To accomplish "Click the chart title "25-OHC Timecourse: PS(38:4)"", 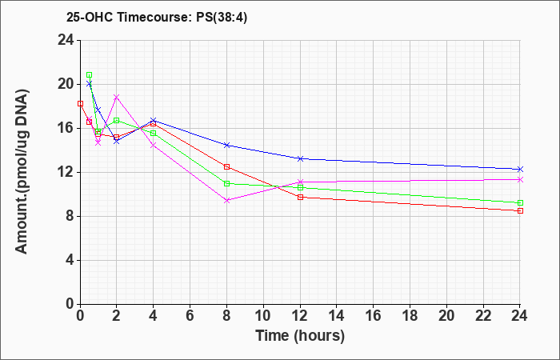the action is [x=157, y=17].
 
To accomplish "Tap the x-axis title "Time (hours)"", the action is [x=300, y=336].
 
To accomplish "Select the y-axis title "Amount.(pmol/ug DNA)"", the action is [x=22, y=172].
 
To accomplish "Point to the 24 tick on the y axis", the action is [x=66, y=40].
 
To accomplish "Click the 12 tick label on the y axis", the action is [x=66, y=173].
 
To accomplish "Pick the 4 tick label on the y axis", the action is [x=70, y=260].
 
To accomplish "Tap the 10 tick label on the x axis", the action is [x=263, y=316].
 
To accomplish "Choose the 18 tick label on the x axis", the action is [x=410, y=316].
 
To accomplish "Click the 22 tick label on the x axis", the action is [x=483, y=316].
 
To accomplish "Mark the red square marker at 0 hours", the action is [x=80, y=103].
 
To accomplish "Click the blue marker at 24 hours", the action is [x=520, y=170].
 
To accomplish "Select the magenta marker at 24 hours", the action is [x=520, y=180].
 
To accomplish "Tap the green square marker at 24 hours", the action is [x=520, y=203].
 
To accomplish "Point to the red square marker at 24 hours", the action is [x=520, y=211].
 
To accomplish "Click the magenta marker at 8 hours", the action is [x=226, y=201].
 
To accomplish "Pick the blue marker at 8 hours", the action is [x=226, y=145].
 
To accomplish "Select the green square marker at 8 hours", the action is [x=226, y=183].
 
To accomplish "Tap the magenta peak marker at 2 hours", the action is [x=117, y=97].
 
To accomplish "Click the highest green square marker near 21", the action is [x=90, y=75].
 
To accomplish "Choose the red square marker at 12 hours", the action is [x=300, y=197].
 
